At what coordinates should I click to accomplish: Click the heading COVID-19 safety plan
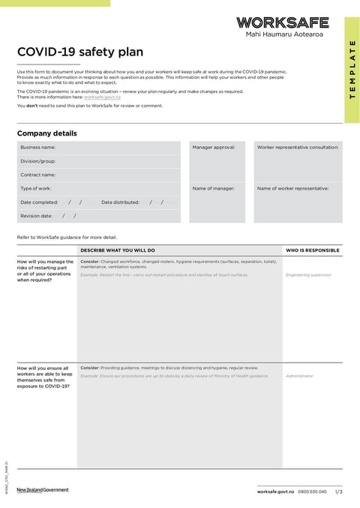coord(80,52)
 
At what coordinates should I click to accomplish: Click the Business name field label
coord(38,148)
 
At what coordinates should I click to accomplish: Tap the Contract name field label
coord(38,175)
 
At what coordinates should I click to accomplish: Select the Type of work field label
coord(36,188)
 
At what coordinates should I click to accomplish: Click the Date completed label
coord(39,202)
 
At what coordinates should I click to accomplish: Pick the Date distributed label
coord(120,202)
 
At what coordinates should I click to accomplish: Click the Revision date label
coord(37,216)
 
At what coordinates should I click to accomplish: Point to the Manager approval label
coord(214,148)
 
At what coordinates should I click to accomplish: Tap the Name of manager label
coord(214,188)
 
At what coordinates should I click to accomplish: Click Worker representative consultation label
coord(298,148)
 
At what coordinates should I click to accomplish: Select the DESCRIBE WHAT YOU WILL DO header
coord(118,250)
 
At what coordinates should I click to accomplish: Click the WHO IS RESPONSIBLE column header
coord(313,250)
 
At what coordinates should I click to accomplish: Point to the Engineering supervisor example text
coord(308,275)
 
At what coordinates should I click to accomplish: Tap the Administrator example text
coord(300,376)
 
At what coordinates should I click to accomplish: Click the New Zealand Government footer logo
coord(43,490)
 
